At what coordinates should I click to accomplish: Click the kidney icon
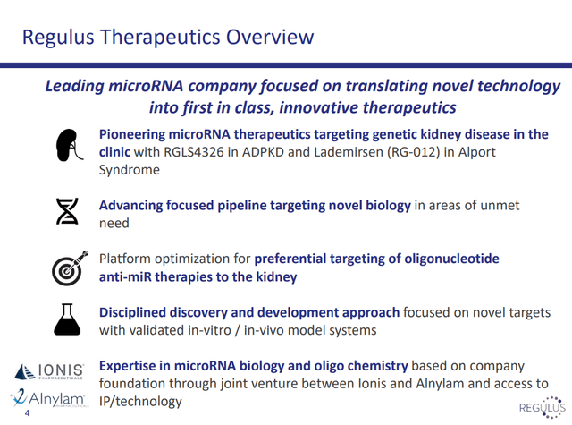click(x=70, y=145)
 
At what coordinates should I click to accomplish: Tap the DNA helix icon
click(x=67, y=211)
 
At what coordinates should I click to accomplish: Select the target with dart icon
click(x=70, y=268)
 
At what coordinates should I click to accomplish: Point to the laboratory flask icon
click(x=67, y=319)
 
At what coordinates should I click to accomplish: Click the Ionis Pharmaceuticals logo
click(x=49, y=371)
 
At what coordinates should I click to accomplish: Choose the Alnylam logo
click(x=49, y=398)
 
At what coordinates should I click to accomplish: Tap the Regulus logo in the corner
click(x=543, y=407)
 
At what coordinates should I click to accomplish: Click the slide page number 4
click(x=27, y=413)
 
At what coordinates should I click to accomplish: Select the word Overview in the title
click(x=270, y=37)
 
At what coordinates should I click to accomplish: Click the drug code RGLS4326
click(x=194, y=152)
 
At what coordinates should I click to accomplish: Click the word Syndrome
click(x=130, y=170)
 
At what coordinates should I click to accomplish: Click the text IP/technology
click(x=140, y=402)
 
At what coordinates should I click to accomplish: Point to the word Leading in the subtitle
click(x=75, y=86)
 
